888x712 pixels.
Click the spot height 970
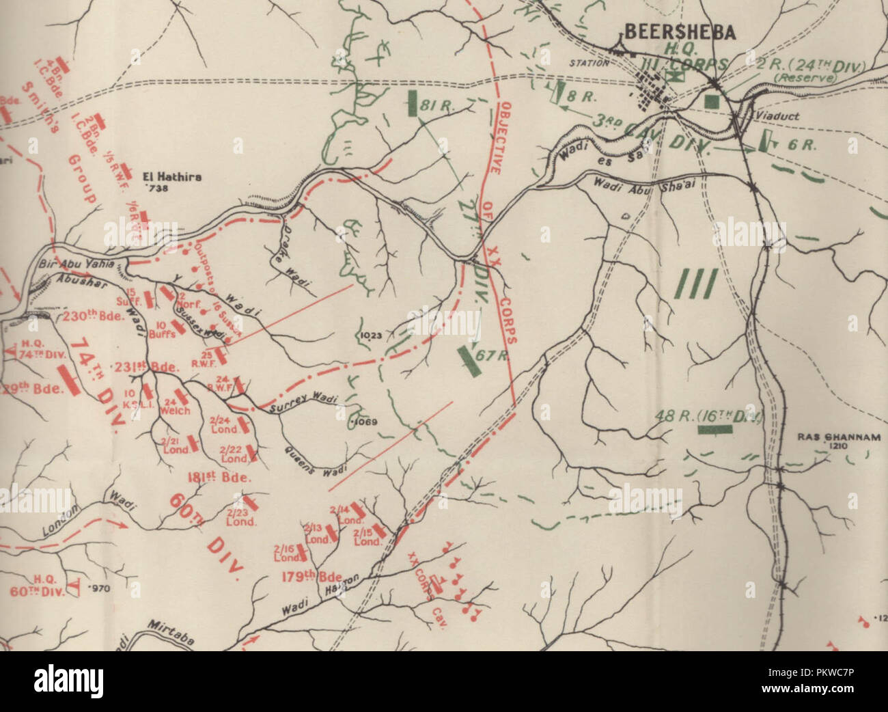click(x=97, y=588)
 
